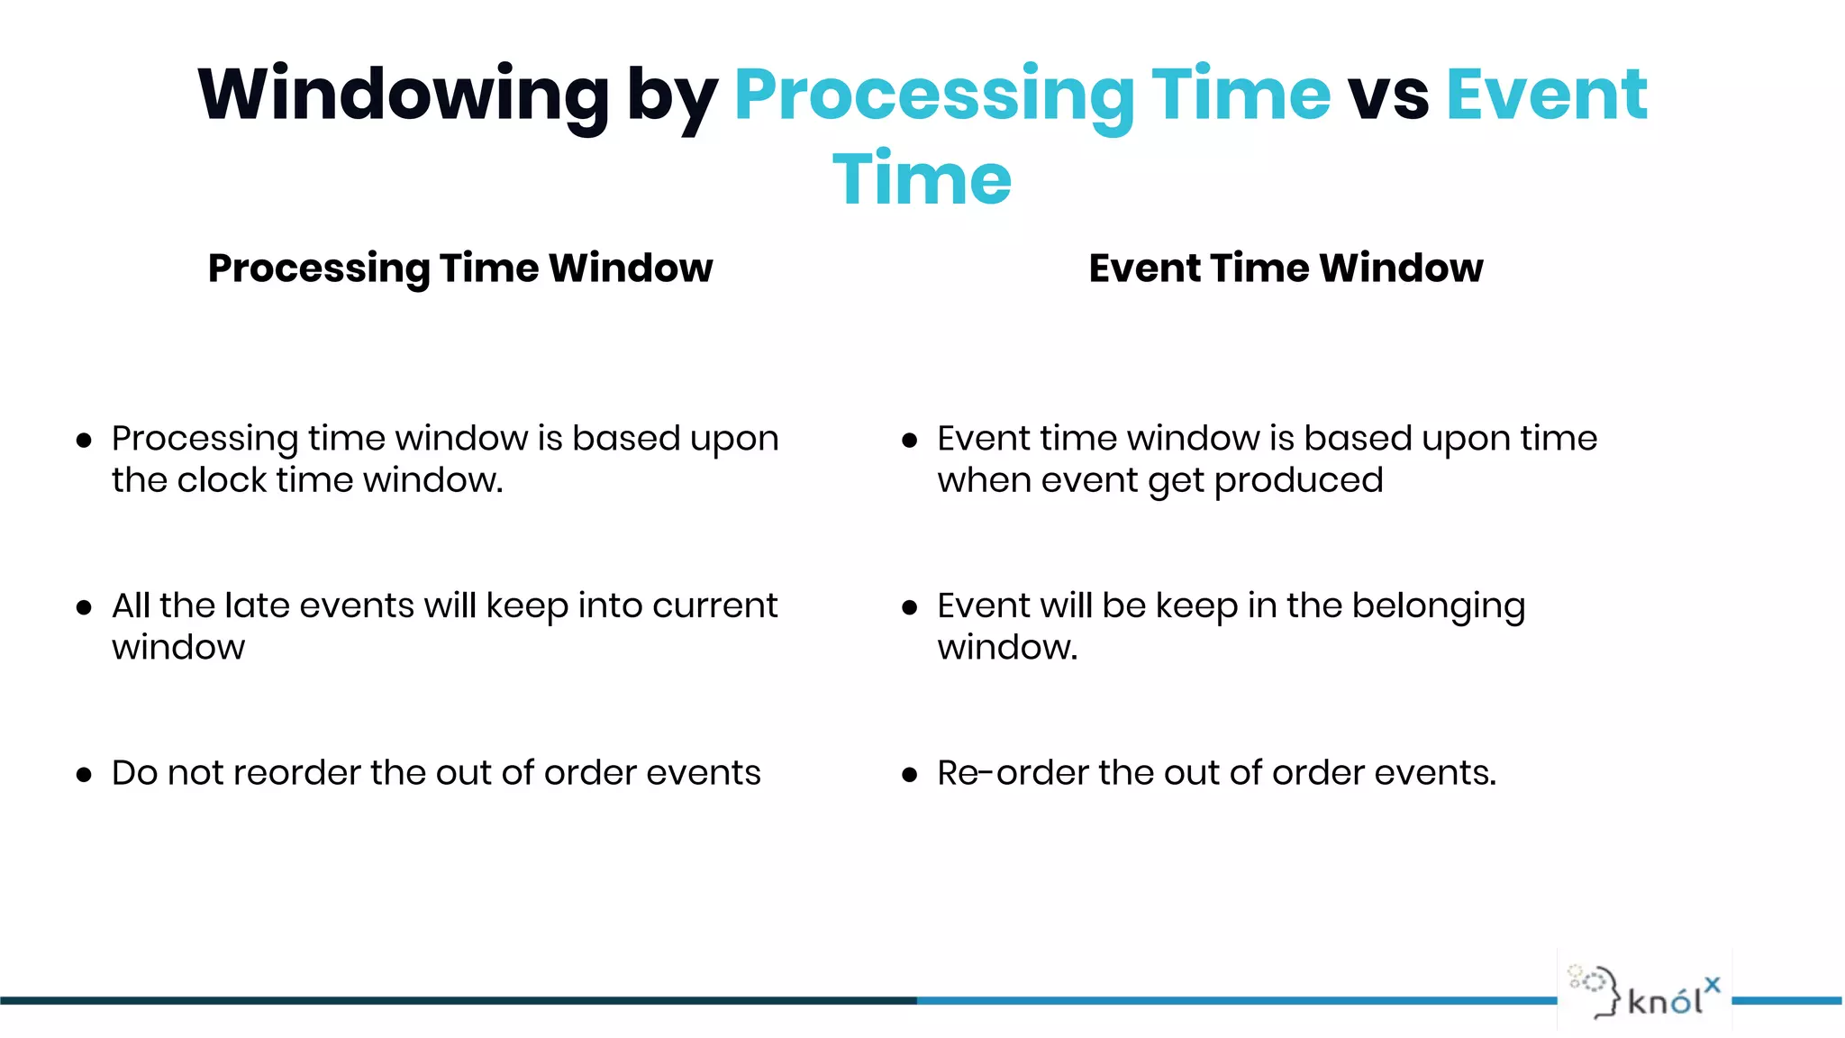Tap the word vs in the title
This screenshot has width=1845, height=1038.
[x=1387, y=96]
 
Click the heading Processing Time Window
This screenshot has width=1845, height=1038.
[x=459, y=269]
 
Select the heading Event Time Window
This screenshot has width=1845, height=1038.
[x=1286, y=269]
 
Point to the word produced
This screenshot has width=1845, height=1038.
[x=1298, y=481]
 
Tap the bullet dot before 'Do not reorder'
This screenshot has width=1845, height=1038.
[x=84, y=775]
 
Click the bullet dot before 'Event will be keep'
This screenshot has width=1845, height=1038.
[x=909, y=608]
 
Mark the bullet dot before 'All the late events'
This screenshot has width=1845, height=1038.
[x=84, y=608]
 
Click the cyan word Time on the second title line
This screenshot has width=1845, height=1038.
[x=922, y=178]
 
